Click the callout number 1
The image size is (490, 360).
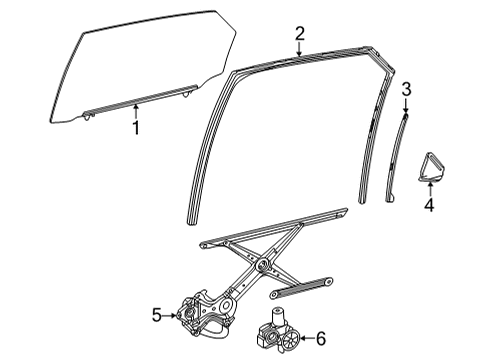tap(137, 128)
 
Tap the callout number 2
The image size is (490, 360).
tap(299, 34)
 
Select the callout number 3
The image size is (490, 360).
tap(406, 90)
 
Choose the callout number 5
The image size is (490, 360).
tap(156, 315)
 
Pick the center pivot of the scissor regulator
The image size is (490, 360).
tap(262, 266)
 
